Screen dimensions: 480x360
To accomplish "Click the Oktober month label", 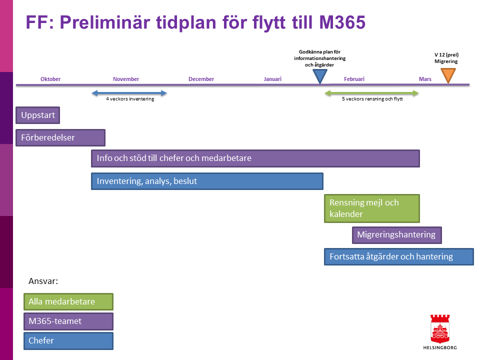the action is [x=50, y=79].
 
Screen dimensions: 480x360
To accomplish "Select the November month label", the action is [x=126, y=79].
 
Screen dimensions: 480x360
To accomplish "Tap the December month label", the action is [x=201, y=79].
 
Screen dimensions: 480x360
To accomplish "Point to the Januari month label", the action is [x=272, y=79].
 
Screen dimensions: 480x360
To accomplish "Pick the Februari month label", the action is [x=354, y=79].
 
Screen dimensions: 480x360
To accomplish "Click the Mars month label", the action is [x=425, y=79].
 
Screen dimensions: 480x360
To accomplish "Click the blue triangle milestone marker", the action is [x=320, y=76].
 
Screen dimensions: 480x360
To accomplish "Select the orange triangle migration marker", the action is [x=448, y=75].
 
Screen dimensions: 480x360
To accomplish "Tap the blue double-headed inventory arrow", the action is [x=129, y=93].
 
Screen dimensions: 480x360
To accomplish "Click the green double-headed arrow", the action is [x=371, y=93].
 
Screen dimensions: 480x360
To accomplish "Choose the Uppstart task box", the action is [x=37, y=115].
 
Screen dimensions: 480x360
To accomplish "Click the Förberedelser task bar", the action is [x=60, y=138].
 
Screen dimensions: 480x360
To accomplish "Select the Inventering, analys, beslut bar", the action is [x=207, y=181].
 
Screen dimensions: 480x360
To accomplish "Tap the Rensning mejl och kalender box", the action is [x=372, y=208].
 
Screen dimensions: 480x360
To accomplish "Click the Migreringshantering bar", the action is [x=396, y=235].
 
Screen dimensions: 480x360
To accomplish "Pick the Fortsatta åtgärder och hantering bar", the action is [x=399, y=256].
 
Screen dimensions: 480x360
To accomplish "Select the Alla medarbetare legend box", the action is [x=68, y=302].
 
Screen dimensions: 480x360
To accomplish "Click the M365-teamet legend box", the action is [x=68, y=321].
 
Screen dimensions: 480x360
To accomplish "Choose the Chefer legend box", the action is [x=68, y=341].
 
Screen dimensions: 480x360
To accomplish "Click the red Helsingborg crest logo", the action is [x=440, y=329].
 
